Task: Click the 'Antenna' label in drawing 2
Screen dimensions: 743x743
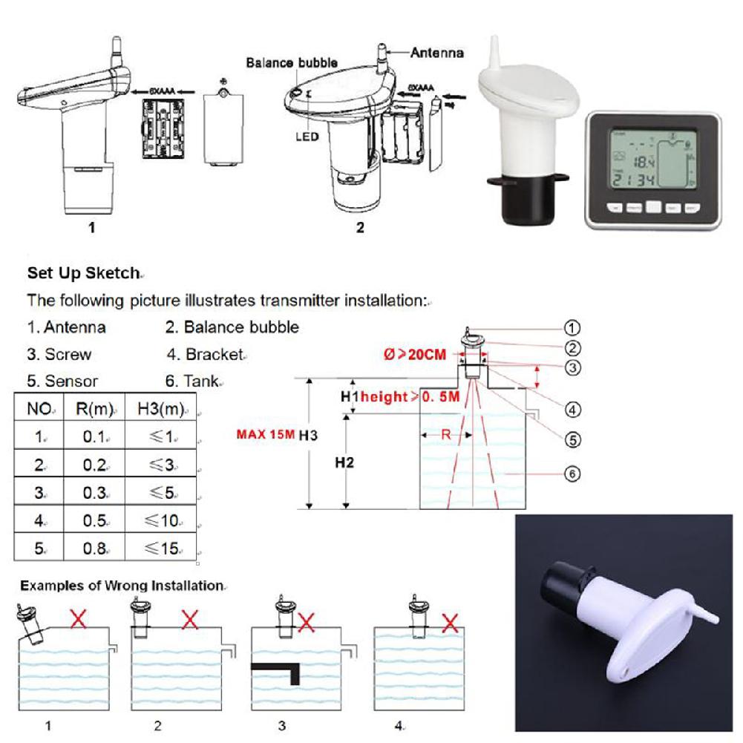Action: click(x=437, y=53)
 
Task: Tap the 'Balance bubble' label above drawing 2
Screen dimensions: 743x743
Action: click(x=292, y=63)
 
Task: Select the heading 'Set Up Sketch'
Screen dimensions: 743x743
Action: click(x=82, y=273)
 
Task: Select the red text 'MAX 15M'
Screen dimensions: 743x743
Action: click(x=265, y=434)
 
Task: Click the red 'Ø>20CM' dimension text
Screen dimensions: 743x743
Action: click(x=415, y=355)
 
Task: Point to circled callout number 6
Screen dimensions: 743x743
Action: click(x=572, y=474)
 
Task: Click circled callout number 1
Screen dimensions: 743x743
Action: click(x=572, y=327)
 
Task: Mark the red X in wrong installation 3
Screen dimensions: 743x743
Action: click(x=306, y=621)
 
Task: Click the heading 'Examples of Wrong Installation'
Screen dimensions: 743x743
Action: click(x=121, y=586)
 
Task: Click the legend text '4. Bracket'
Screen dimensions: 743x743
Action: click(x=206, y=354)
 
